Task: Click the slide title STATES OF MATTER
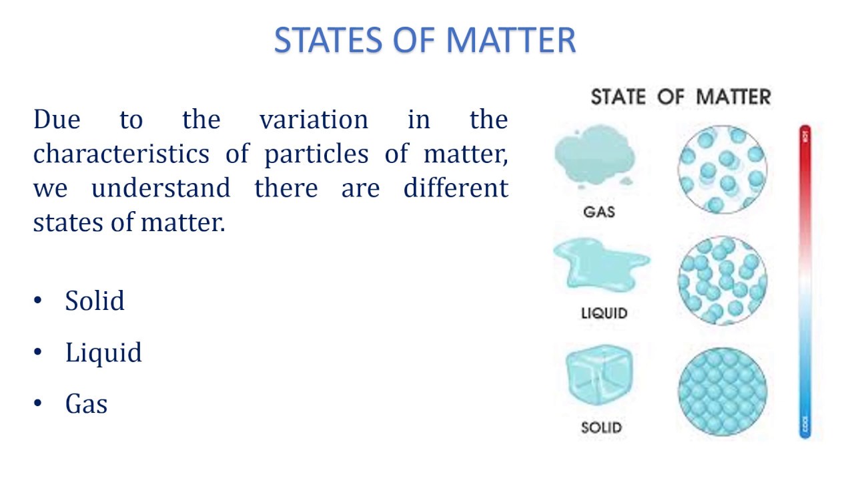click(425, 40)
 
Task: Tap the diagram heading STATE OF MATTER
click(681, 97)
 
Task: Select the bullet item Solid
click(95, 301)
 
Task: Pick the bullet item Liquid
click(103, 353)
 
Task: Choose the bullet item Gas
click(86, 404)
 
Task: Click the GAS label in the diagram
click(598, 212)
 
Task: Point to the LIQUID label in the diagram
click(604, 313)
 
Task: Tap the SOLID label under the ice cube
click(601, 427)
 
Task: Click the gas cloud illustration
click(594, 157)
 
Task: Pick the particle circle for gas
click(723, 169)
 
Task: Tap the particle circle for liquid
click(723, 281)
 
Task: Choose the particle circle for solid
click(723, 392)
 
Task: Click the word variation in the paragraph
click(314, 120)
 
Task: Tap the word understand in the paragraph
click(161, 188)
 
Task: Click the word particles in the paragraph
click(316, 154)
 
